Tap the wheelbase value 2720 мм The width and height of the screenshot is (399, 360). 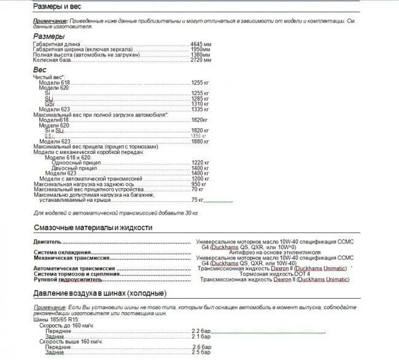pos(201,60)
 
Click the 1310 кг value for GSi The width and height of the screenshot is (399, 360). pos(200,104)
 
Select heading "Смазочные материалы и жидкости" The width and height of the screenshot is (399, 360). pos(92,228)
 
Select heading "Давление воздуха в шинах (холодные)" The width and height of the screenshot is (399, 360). pos(99,293)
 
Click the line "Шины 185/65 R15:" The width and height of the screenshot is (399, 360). pos(55,320)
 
